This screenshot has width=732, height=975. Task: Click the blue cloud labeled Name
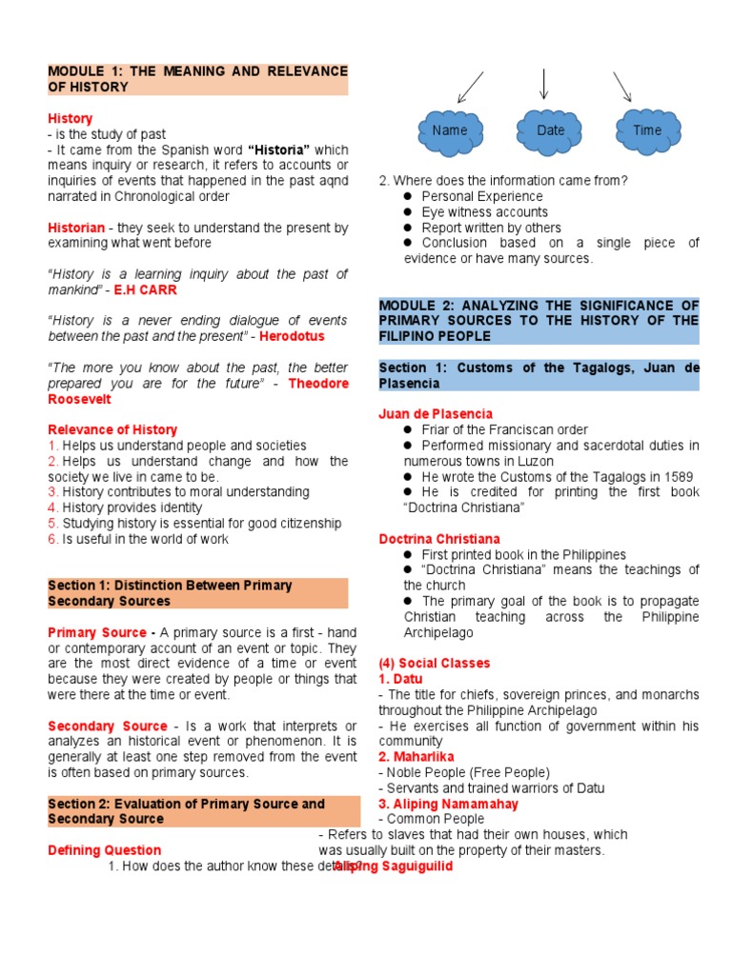[x=449, y=130]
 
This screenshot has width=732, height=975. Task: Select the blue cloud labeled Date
[x=550, y=130]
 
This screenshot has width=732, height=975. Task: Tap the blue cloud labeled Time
[x=646, y=130]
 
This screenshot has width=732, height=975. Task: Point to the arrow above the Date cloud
[x=543, y=84]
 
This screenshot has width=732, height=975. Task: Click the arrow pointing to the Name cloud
[x=470, y=88]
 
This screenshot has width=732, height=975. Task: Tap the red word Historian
[x=76, y=228]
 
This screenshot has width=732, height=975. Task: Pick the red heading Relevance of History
[x=112, y=429]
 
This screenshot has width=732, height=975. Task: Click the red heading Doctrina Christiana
[x=438, y=539]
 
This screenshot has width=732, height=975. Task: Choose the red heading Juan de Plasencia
[x=436, y=413]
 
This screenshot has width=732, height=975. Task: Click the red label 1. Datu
[x=400, y=679]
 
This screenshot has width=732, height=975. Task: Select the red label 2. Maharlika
[x=416, y=756]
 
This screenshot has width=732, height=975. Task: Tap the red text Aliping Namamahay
[x=448, y=804]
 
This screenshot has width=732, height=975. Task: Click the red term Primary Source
[x=95, y=632]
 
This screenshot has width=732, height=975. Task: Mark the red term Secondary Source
[x=108, y=726]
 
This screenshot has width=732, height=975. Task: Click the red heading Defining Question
[x=105, y=850]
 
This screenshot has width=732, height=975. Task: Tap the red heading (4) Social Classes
[x=434, y=663]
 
